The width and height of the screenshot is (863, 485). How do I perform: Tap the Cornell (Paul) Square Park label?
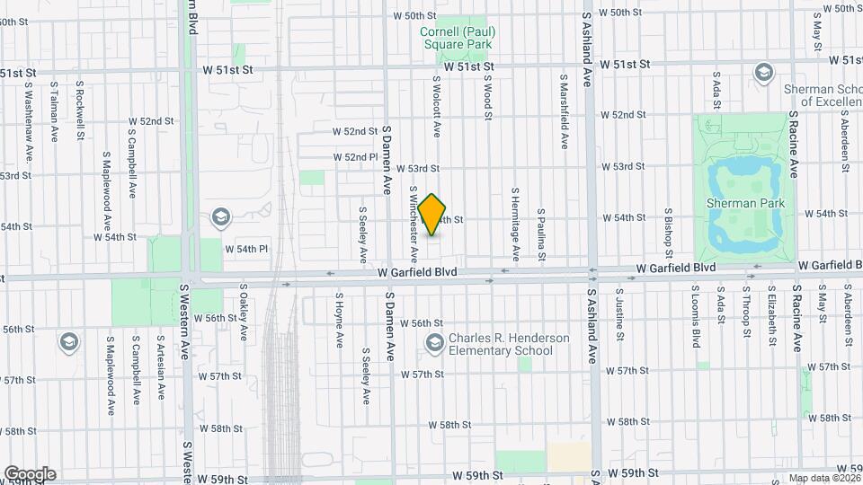(x=458, y=37)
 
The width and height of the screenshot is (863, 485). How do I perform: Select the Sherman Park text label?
(x=745, y=203)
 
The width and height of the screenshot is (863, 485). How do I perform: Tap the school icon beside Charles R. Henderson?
(x=435, y=342)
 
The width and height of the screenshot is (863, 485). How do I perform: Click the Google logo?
(x=29, y=474)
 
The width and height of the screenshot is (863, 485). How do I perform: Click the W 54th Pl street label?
(x=246, y=249)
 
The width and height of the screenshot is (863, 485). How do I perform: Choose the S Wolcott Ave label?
(x=436, y=106)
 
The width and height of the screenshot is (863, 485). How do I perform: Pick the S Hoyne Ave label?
(x=340, y=319)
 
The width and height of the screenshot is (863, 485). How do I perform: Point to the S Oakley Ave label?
(x=244, y=314)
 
